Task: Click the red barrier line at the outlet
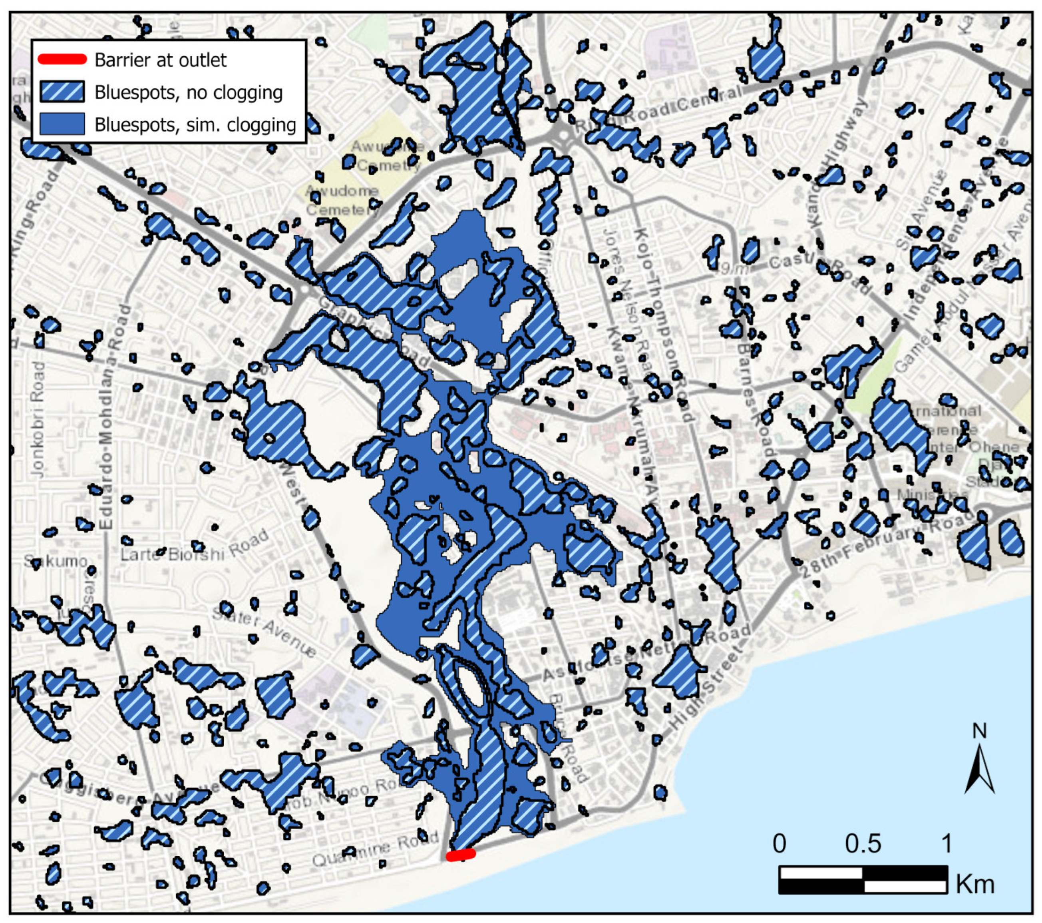click(461, 854)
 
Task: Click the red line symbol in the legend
click(62, 59)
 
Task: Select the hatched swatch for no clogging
click(62, 92)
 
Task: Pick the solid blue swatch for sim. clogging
click(62, 124)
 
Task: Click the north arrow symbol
click(979, 765)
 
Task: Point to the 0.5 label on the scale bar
click(863, 844)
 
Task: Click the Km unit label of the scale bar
click(975, 885)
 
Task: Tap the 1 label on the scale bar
click(946, 844)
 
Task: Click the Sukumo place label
click(56, 561)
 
